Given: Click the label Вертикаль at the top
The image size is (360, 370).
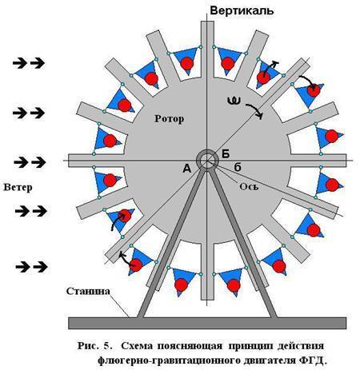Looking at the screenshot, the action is click(x=242, y=11).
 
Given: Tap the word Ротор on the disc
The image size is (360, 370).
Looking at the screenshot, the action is click(x=169, y=119).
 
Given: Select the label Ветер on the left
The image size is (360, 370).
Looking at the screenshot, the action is click(x=18, y=187).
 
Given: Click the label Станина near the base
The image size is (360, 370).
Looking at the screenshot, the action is click(x=88, y=291).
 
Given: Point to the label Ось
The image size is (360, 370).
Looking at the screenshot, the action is click(x=249, y=186).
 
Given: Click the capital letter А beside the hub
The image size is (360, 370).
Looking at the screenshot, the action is click(x=187, y=169).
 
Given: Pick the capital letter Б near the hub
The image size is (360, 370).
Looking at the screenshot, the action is click(x=226, y=154).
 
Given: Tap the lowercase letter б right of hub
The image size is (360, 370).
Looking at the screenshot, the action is click(x=238, y=167).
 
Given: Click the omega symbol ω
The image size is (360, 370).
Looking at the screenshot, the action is click(x=234, y=101).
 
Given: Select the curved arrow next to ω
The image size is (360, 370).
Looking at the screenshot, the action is click(x=255, y=109).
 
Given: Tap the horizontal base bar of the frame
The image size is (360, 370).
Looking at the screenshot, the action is click(x=207, y=323).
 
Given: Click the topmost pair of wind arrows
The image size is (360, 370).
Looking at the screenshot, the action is click(x=29, y=63).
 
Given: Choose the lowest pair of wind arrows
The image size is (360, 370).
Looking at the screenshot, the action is click(x=32, y=267).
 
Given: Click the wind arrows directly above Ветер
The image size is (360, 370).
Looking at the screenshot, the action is click(x=30, y=162).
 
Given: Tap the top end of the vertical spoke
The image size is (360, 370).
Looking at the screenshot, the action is click(x=207, y=22).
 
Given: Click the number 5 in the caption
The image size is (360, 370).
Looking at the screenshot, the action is click(x=106, y=346).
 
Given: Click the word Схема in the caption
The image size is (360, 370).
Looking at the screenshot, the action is click(x=138, y=346).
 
